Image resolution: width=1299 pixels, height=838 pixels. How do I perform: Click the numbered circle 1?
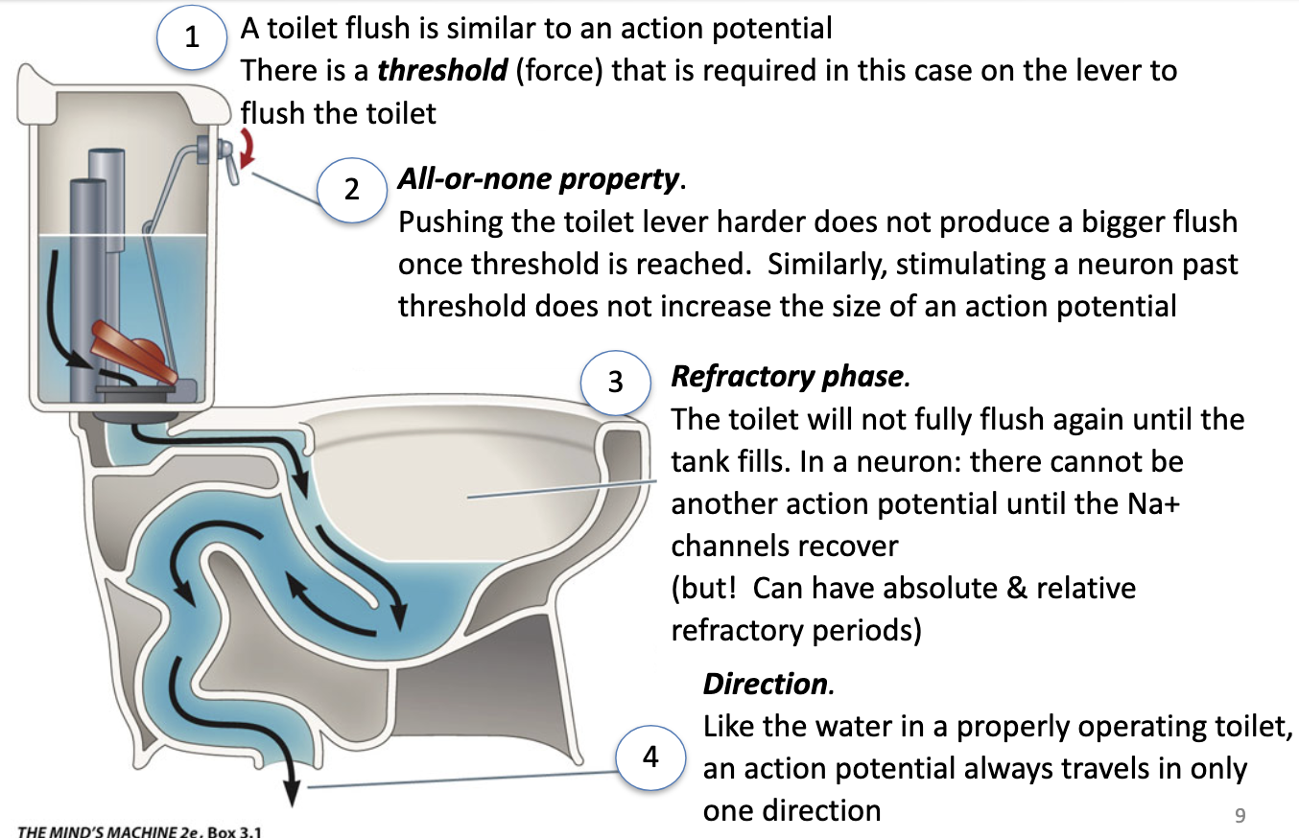[193, 37]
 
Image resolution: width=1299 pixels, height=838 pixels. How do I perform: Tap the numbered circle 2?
[352, 189]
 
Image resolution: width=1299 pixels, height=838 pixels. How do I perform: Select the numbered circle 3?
[615, 382]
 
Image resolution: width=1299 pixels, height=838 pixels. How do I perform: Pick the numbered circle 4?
[650, 757]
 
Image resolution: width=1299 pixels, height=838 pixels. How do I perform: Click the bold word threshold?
[442, 71]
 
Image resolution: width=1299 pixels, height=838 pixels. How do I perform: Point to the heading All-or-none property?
[538, 178]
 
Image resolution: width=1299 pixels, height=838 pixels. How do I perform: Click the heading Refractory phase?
[787, 376]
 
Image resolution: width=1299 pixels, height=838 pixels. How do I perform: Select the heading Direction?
[766, 684]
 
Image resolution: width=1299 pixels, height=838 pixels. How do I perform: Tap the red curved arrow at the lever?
[249, 150]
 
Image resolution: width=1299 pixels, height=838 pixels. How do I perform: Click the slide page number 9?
[1239, 816]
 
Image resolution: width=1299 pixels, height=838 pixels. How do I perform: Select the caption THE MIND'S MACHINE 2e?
[100, 830]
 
